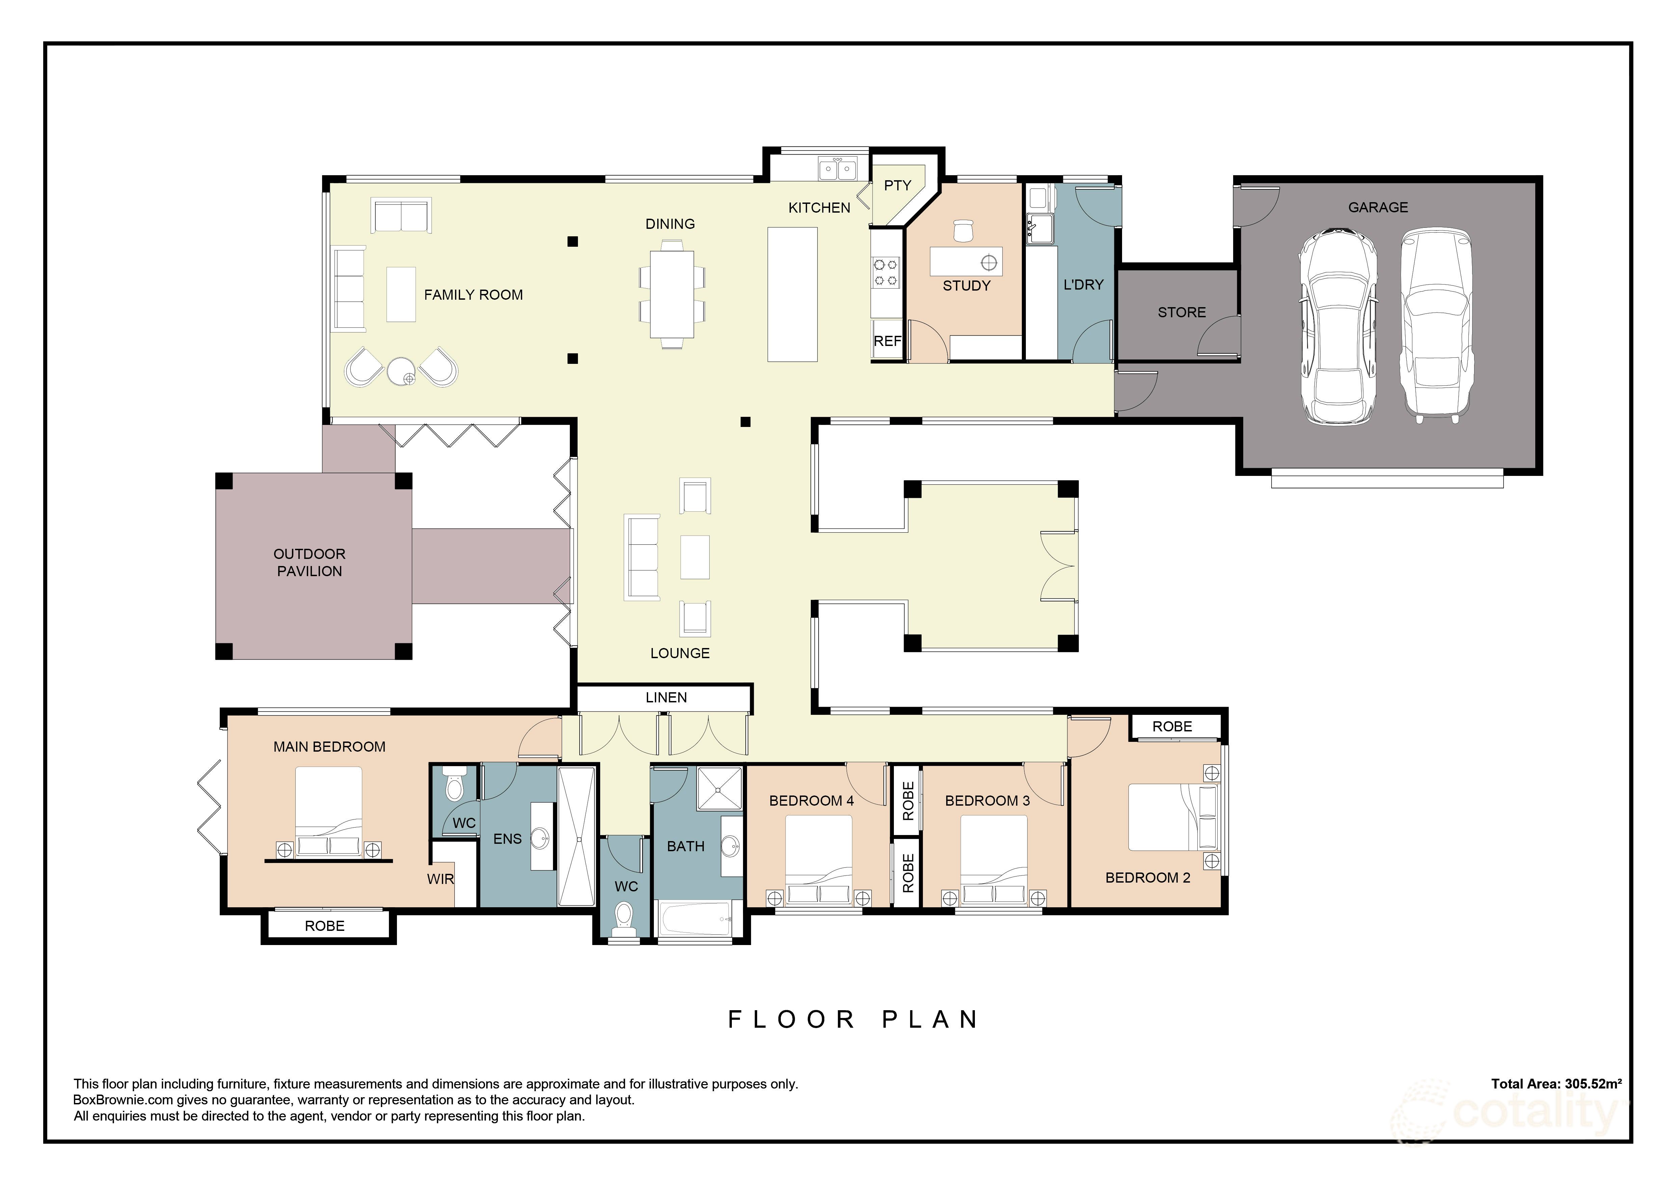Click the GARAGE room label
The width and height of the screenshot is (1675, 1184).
tap(1377, 207)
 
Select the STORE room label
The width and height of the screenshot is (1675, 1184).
tap(1181, 312)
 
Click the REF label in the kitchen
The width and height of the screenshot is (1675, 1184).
tap(887, 341)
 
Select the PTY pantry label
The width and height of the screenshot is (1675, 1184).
tap(897, 185)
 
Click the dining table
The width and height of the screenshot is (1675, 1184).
tap(672, 294)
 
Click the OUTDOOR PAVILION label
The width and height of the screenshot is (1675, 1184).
tap(309, 562)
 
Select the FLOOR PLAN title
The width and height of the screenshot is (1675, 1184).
tap(854, 1019)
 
